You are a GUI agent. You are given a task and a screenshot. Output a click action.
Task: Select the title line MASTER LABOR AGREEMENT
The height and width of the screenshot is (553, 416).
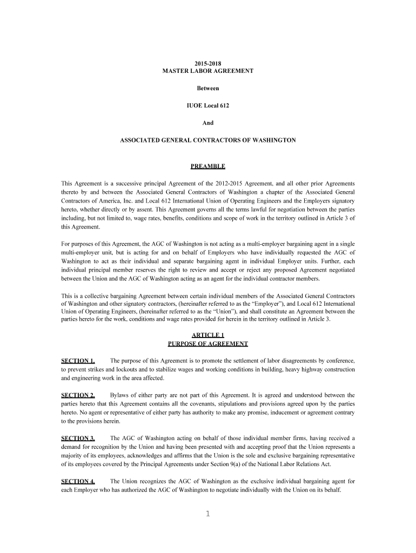208,71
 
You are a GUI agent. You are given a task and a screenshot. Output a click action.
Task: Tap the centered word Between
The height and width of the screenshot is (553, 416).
208,88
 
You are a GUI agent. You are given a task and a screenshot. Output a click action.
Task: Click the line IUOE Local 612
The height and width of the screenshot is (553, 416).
208,105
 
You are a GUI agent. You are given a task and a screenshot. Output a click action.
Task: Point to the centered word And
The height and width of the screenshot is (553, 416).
208,123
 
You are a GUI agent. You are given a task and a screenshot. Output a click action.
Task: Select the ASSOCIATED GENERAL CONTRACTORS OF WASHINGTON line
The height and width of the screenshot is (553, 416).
208,140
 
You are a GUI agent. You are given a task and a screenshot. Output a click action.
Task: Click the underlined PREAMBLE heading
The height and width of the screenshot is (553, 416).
208,166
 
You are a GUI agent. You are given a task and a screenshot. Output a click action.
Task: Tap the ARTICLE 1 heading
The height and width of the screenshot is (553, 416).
208,335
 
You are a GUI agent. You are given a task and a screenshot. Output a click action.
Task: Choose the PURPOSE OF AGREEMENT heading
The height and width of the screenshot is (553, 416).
208,343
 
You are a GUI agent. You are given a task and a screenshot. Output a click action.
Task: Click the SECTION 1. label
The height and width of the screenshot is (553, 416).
78,361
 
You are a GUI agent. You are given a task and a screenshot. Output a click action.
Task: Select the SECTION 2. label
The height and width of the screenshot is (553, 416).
78,395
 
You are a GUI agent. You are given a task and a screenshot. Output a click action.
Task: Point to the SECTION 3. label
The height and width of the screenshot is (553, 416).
78,438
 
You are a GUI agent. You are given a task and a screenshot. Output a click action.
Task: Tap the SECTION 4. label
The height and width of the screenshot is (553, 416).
78,481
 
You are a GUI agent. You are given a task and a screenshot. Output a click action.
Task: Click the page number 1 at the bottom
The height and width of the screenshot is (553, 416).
207,514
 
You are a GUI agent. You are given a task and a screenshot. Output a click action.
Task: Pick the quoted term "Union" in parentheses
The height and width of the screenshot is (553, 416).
228,311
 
